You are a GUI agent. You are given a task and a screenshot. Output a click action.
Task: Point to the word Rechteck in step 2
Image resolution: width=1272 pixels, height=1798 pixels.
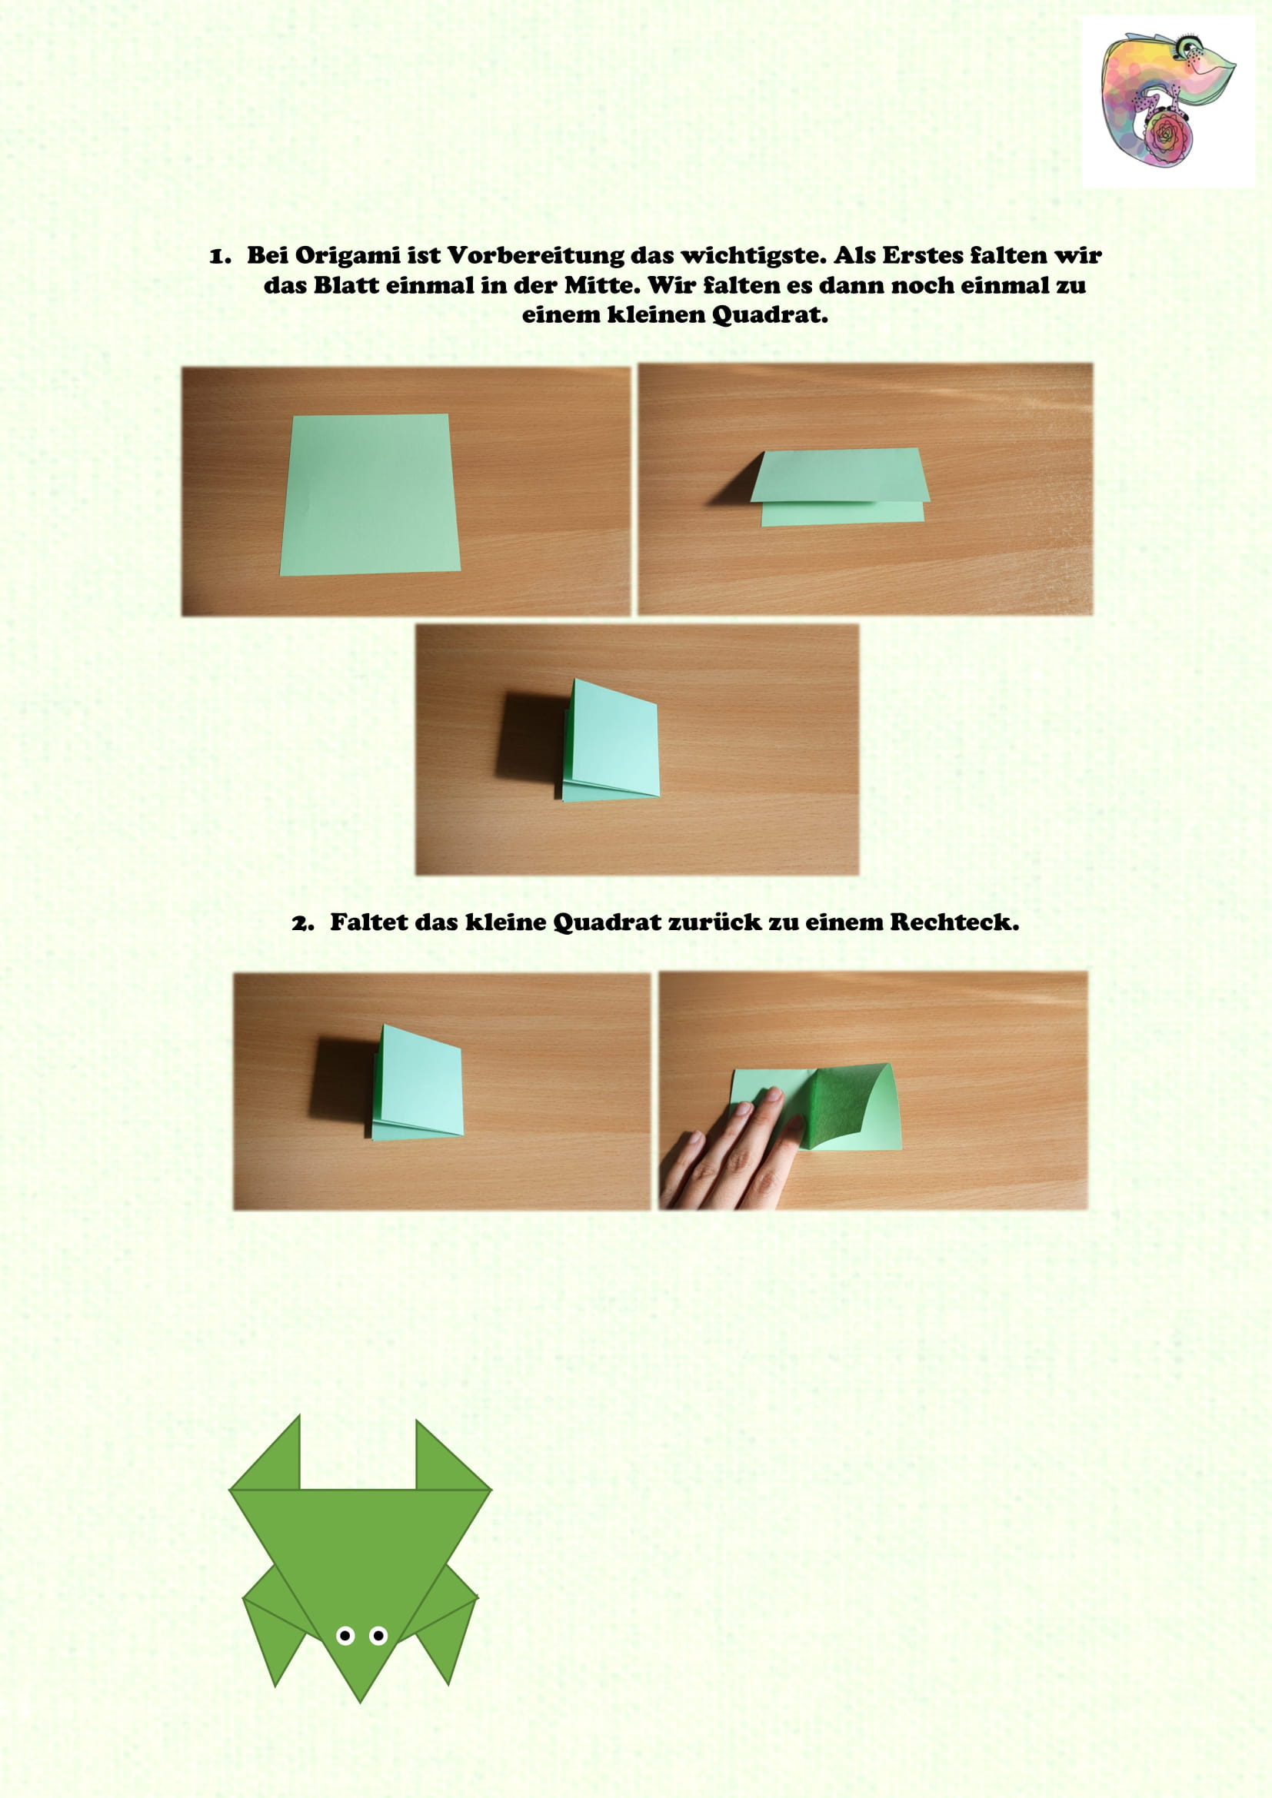pos(953,922)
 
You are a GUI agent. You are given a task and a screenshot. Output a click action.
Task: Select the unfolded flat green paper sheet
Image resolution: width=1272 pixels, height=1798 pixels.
pos(371,495)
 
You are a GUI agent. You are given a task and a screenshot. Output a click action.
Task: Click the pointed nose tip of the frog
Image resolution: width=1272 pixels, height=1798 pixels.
pos(360,1697)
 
